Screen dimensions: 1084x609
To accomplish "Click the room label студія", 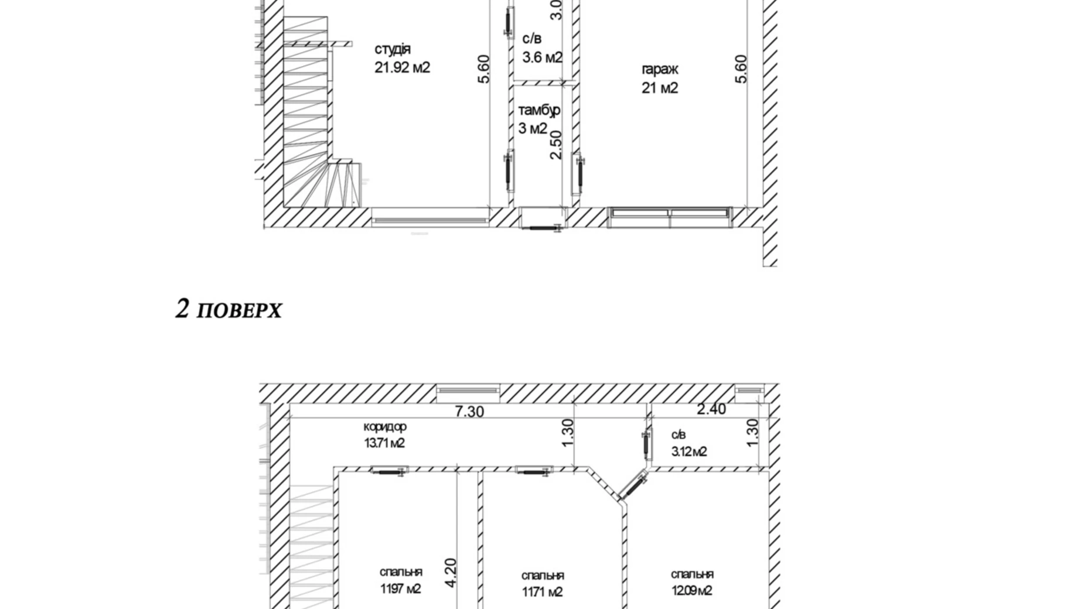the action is coord(393,50).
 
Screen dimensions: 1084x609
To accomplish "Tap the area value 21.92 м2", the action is coord(403,68).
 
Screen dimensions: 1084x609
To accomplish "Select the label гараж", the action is coord(660,70).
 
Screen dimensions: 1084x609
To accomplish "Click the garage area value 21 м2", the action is coord(660,88).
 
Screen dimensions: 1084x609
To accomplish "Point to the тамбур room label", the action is coord(539,110).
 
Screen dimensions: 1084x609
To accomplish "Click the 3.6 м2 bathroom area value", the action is coord(543,57).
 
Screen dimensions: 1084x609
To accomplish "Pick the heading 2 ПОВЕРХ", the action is coord(229,309).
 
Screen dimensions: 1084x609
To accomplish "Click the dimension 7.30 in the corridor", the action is coord(470,412).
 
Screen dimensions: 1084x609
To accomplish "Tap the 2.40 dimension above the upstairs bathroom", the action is coord(711,409).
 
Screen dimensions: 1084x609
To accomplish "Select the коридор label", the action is coord(385,427).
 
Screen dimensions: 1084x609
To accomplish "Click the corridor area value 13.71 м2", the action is coord(384,443).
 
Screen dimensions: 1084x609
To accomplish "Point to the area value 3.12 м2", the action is coord(689,451).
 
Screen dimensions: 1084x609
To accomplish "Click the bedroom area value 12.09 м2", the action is coord(692,591).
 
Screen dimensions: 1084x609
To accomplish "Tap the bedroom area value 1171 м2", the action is coord(543,592).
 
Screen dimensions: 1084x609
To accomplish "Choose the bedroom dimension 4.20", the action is coord(451,573).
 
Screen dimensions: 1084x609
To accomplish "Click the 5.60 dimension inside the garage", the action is coord(741,69).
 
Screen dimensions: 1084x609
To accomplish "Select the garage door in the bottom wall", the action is coord(670,217).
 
